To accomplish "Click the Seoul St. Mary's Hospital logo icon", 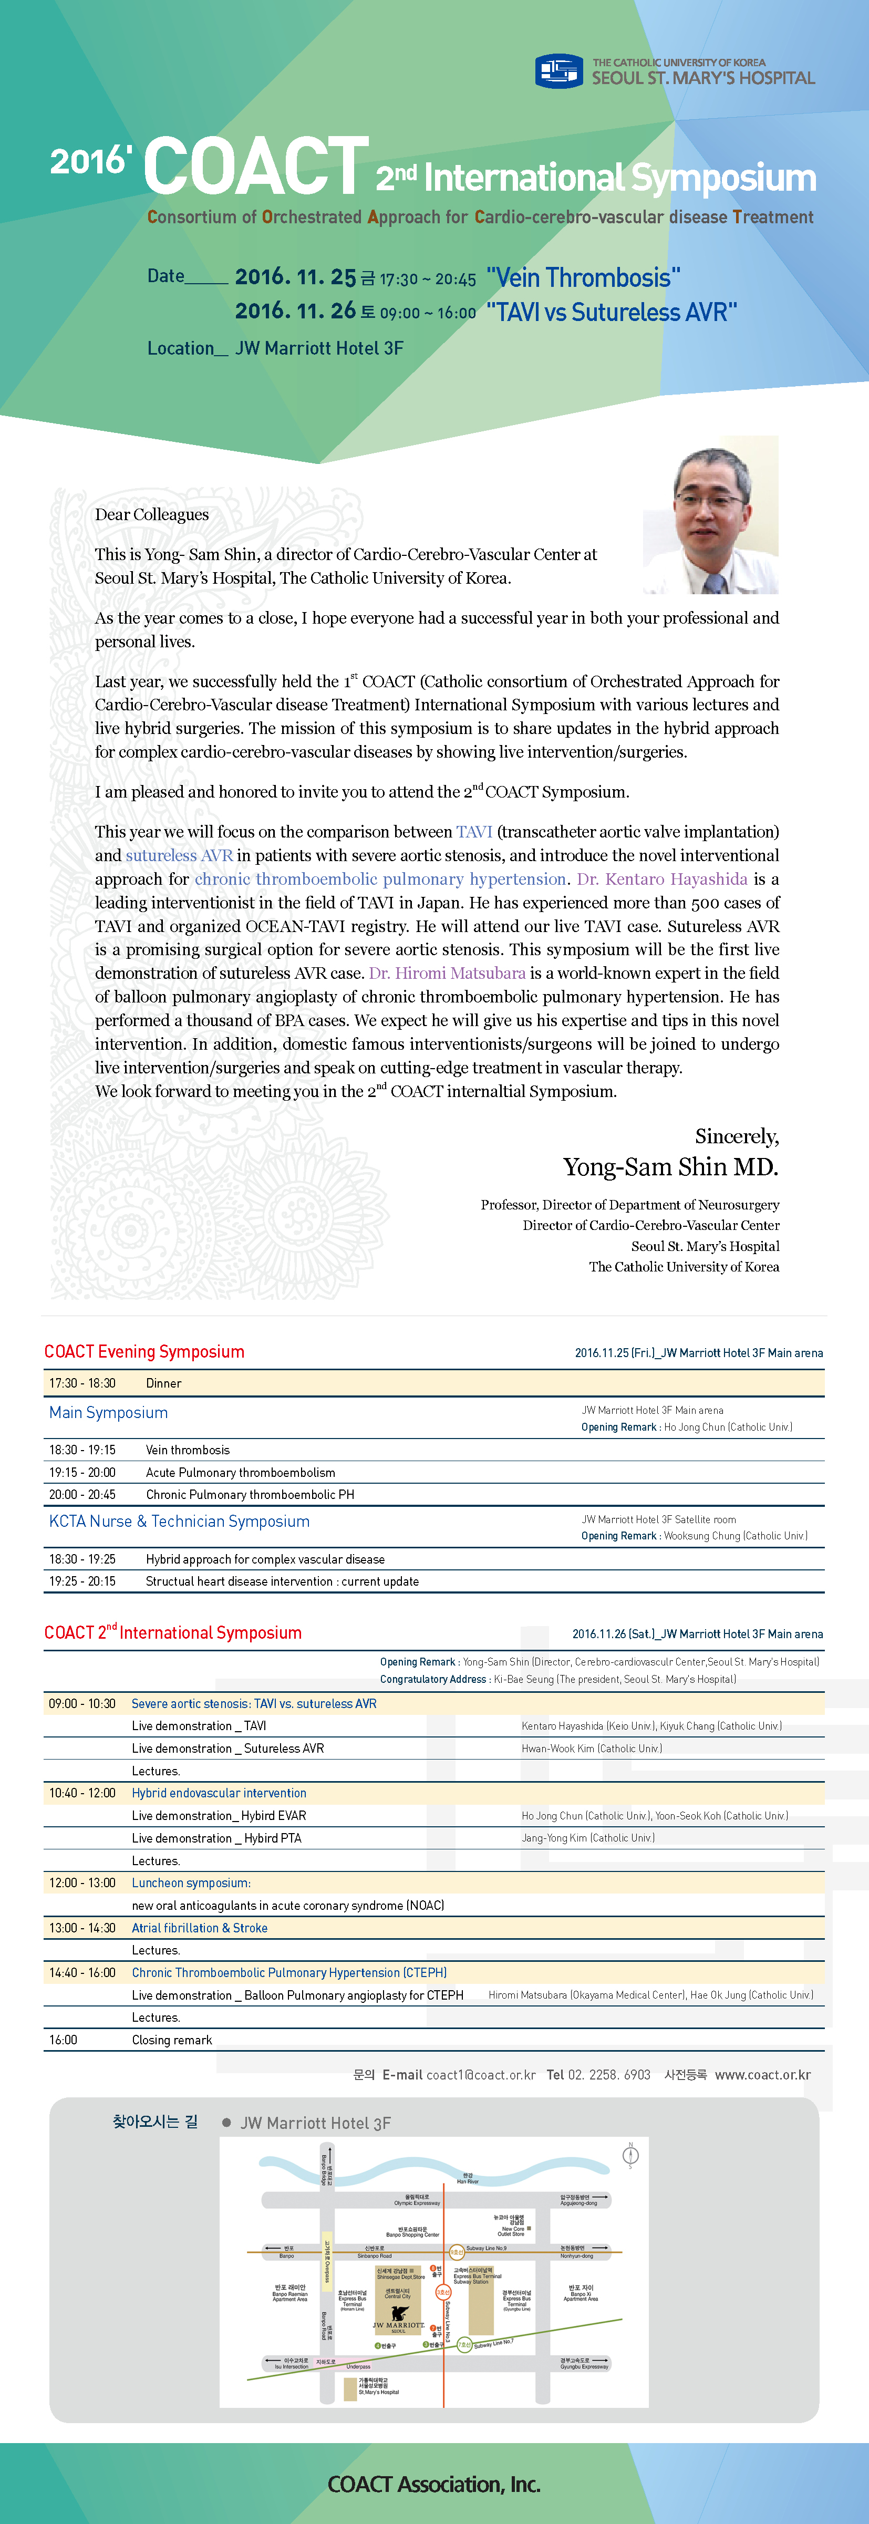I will click(558, 70).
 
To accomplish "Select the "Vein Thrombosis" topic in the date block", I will click(583, 278).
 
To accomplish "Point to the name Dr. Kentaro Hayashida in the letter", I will click(663, 879).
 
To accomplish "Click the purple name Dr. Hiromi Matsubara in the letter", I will click(447, 973).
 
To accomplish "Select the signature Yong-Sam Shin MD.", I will click(670, 1167).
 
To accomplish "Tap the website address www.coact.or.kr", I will click(762, 2074).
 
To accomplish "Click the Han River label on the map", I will click(467, 2178).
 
